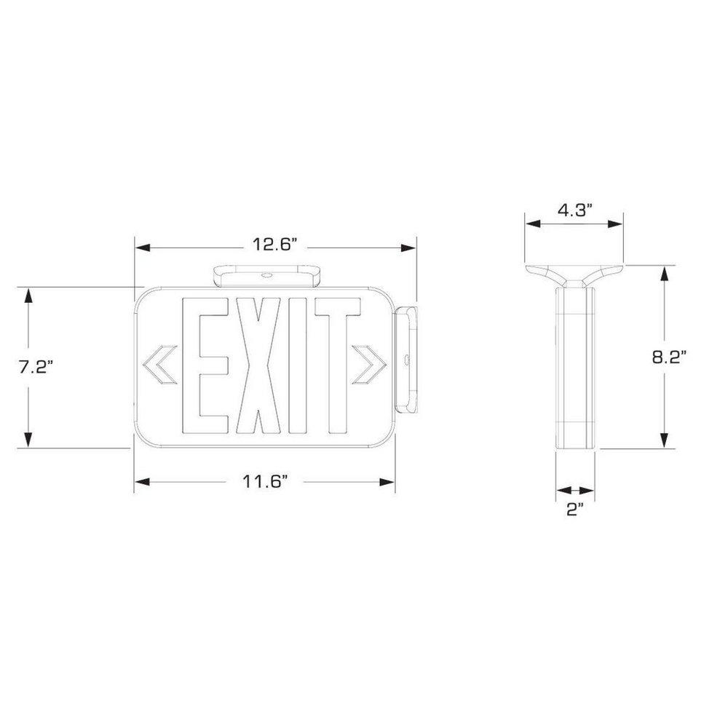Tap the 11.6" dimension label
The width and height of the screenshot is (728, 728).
(x=266, y=480)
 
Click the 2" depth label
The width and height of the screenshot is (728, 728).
(x=575, y=510)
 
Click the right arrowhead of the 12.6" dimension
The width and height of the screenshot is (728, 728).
(x=408, y=248)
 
